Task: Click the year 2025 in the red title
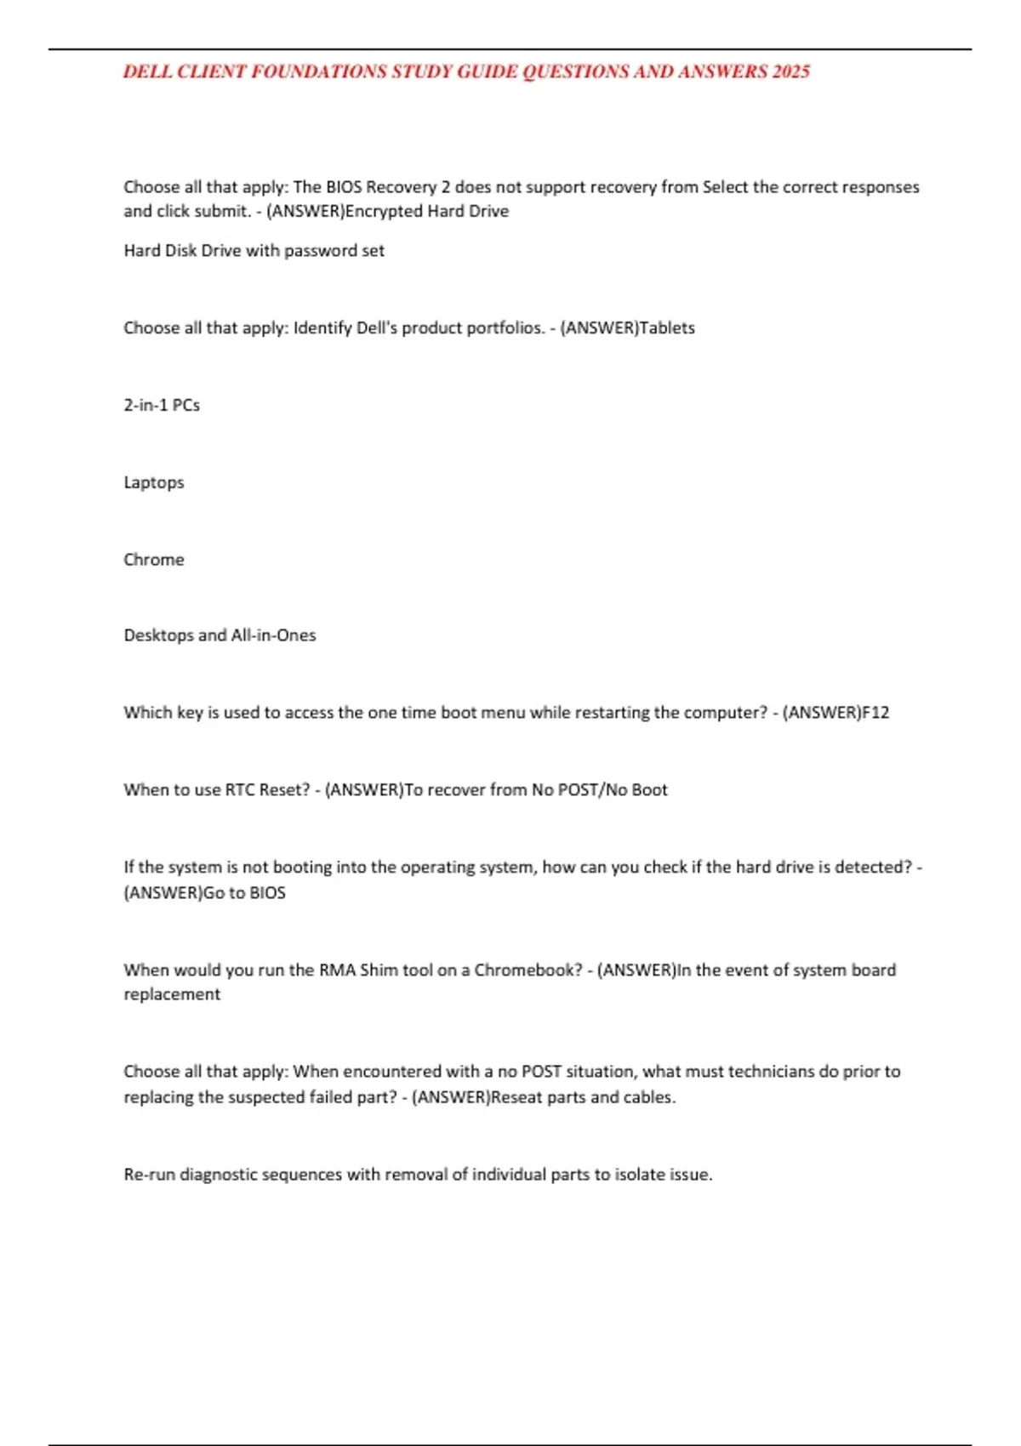pos(790,71)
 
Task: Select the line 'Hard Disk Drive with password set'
pos(254,251)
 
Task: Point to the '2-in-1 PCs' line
pos(162,405)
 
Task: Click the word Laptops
pos(154,482)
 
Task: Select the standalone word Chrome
pos(154,560)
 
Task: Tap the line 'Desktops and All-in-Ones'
pos(220,635)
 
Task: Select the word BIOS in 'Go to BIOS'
pos(267,893)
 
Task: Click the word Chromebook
pos(528,971)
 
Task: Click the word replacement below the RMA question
pos(172,994)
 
